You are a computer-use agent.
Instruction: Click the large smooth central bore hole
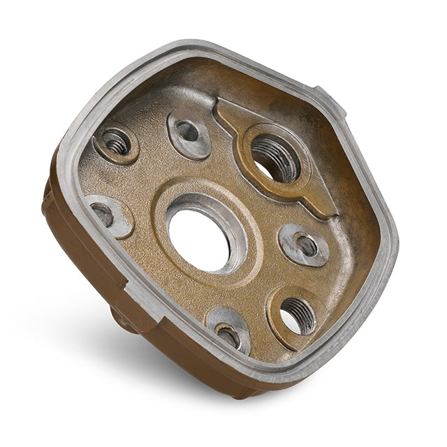pos(200,238)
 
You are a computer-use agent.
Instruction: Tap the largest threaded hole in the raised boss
pos(275,158)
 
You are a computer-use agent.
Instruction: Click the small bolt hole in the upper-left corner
pos(117,144)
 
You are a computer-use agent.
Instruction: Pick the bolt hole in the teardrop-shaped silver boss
pos(187,131)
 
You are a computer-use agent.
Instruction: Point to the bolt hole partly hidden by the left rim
pos(103,213)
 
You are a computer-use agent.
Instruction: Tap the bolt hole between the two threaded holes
pos(306,244)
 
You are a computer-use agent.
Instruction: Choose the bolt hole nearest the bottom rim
pos(228,335)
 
